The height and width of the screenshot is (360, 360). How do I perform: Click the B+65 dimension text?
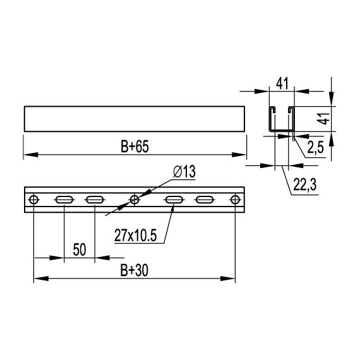pos(135,146)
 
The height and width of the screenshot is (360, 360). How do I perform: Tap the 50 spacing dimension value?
pos(79,249)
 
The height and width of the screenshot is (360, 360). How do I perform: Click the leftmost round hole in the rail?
pos(34,200)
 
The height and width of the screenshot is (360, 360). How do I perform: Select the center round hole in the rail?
pos(135,200)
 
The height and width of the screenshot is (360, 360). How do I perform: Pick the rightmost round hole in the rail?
pos(235,200)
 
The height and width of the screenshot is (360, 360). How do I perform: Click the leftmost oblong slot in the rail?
pos(64,200)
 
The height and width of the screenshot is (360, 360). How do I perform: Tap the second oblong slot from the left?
pos(94,200)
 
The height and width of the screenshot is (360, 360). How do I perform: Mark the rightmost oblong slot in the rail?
pos(205,200)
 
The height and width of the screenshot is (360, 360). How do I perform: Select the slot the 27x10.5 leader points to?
pos(174,200)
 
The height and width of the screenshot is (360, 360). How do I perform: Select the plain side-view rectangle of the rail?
pos(135,119)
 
